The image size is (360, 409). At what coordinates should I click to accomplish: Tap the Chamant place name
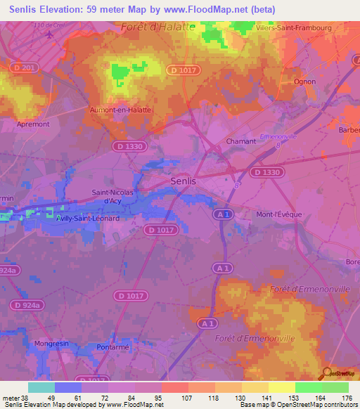(240, 141)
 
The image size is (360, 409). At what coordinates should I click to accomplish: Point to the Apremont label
(33, 124)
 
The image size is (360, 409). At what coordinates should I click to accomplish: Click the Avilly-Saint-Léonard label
(89, 219)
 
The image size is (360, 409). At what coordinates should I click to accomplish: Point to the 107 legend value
(188, 398)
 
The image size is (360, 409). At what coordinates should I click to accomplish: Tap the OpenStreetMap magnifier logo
(328, 373)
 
